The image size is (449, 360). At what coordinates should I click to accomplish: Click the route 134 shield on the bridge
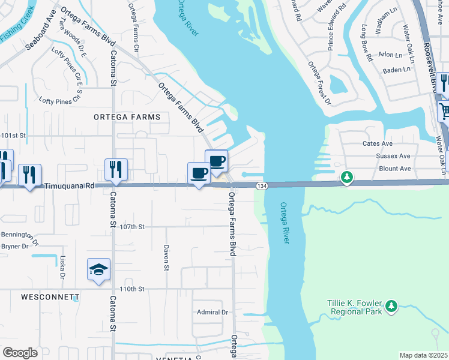click(x=262, y=187)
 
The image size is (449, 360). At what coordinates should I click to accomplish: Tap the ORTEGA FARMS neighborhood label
click(x=127, y=117)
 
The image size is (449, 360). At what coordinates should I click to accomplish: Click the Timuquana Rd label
click(x=70, y=187)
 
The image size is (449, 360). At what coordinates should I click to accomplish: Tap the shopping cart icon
click(x=444, y=110)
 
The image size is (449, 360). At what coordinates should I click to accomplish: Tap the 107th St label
click(x=133, y=227)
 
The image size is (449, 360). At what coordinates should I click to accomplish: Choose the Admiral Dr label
click(x=213, y=312)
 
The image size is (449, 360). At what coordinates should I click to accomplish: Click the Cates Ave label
click(x=377, y=144)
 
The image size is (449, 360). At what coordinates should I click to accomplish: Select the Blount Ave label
click(x=395, y=169)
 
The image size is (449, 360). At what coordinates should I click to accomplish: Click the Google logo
click(x=20, y=353)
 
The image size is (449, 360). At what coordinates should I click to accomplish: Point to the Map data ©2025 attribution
click(x=423, y=355)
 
